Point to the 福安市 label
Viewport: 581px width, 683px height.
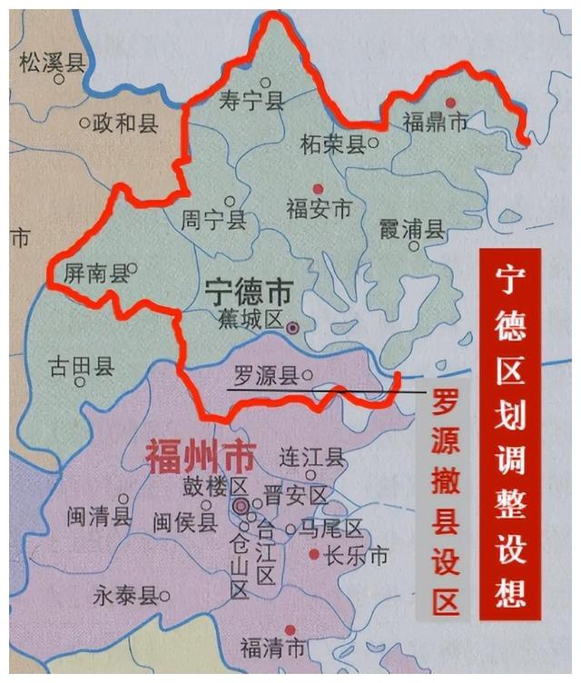[319, 209]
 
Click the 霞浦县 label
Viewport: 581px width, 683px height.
[412, 229]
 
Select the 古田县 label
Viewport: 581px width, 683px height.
[81, 367]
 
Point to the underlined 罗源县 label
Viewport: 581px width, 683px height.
[266, 377]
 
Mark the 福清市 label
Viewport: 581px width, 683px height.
[273, 648]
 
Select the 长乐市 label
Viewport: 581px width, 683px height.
[356, 556]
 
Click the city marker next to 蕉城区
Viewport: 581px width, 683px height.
[292, 327]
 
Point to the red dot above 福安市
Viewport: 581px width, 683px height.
[317, 188]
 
